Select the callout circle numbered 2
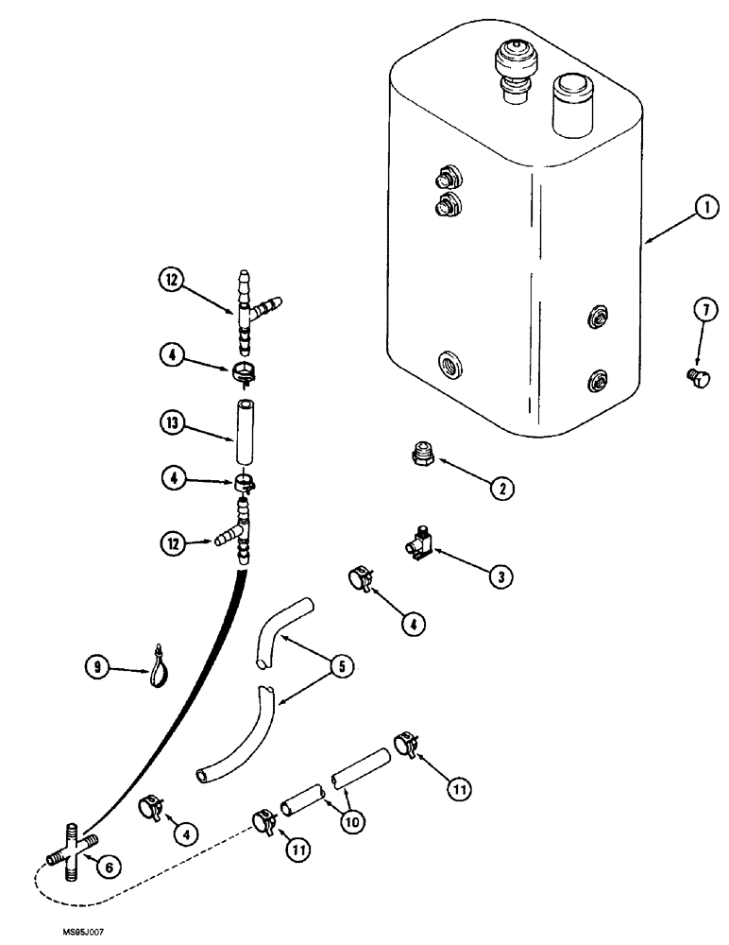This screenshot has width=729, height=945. click(x=502, y=489)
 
